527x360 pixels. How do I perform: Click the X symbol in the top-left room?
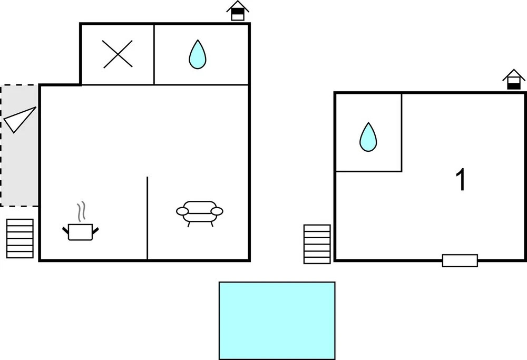pyautogui.click(x=118, y=54)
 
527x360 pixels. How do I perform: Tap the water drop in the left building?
pyautogui.click(x=197, y=54)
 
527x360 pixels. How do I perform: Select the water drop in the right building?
pyautogui.click(x=368, y=137)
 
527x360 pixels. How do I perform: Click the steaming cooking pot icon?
pyautogui.click(x=81, y=221)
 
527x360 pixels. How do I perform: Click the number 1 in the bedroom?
pyautogui.click(x=461, y=180)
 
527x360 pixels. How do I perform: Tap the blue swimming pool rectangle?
pyautogui.click(x=277, y=320)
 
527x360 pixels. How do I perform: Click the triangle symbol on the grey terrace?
pyautogui.click(x=19, y=120)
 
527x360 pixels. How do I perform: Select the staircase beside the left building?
pyautogui.click(x=20, y=239)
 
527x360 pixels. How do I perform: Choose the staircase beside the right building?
pyautogui.click(x=317, y=244)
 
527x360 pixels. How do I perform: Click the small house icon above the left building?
pyautogui.click(x=238, y=11)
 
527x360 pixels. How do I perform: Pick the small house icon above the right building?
pyautogui.click(x=513, y=80)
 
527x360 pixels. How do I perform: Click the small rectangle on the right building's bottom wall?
pyautogui.click(x=460, y=260)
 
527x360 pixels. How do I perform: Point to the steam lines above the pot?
pyautogui.click(x=81, y=211)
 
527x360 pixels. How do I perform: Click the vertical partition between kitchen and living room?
pyautogui.click(x=147, y=218)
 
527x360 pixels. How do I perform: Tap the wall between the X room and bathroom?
pyautogui.click(x=154, y=54)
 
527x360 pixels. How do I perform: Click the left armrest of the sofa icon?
pyautogui.click(x=182, y=211)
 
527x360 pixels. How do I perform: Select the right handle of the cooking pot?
pyautogui.click(x=95, y=230)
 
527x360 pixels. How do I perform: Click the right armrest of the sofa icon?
pyautogui.click(x=217, y=211)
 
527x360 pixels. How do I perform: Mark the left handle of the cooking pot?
pyautogui.click(x=66, y=230)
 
